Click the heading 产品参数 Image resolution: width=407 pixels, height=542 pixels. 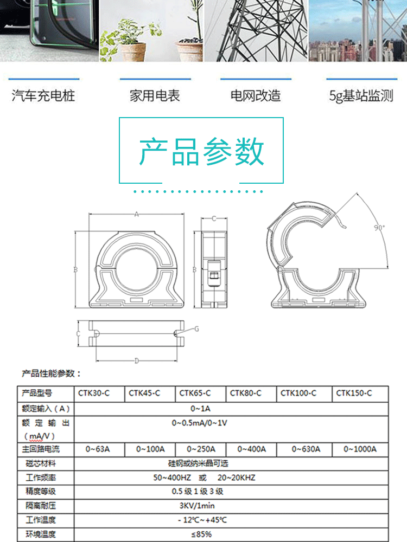pyautogui.click(x=201, y=152)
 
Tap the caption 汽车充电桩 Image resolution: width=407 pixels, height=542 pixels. pyautogui.click(x=43, y=96)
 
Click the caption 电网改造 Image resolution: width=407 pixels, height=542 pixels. pyautogui.click(x=256, y=96)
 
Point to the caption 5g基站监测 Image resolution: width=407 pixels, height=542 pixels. pyautogui.click(x=361, y=96)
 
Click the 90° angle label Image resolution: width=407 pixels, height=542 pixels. pyautogui.click(x=379, y=228)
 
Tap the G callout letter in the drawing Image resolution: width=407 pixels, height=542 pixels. pyautogui.click(x=196, y=329)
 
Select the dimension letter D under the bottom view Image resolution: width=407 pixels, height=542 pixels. pyautogui.click(x=137, y=361)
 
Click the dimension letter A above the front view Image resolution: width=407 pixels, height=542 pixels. pyautogui.click(x=137, y=215)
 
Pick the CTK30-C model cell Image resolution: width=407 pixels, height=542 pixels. pyautogui.click(x=96, y=393)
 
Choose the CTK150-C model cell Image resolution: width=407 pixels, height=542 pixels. pyautogui.click(x=354, y=393)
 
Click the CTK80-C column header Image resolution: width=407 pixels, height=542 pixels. pyautogui.click(x=246, y=393)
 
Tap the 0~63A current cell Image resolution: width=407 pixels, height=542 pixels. pyautogui.click(x=98, y=449)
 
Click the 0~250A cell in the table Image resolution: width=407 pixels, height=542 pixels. pyautogui.click(x=201, y=449)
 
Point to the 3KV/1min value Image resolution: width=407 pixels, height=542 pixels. pyautogui.click(x=200, y=506)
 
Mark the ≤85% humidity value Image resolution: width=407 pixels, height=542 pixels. pyautogui.click(x=200, y=534)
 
